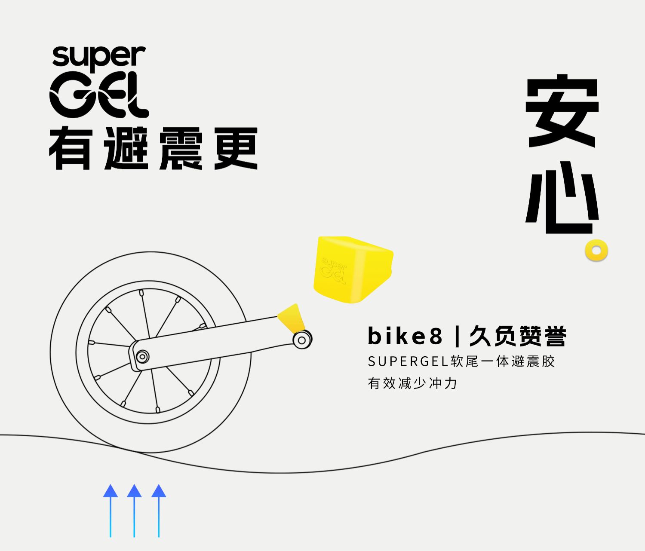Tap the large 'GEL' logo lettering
99,95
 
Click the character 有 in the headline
70,148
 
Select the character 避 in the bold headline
126,148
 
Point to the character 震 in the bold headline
181,148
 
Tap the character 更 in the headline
236,148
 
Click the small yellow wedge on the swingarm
292,318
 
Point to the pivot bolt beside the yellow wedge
302,340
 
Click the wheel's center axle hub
142,356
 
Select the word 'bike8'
405,336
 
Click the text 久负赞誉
518,336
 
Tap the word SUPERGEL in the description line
408,361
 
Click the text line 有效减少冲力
412,383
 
